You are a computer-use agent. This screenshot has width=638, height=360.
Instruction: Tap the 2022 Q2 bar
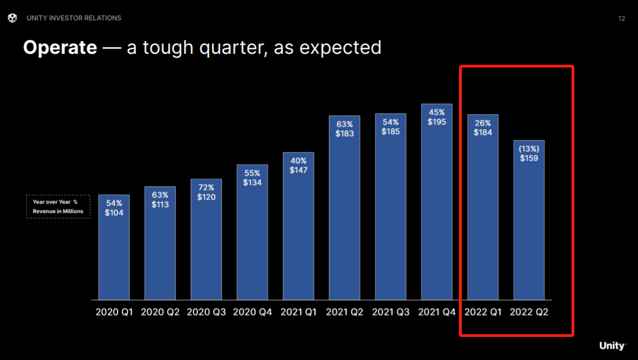(x=529, y=230)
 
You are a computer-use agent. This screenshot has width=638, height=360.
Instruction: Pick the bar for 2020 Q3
(x=206, y=247)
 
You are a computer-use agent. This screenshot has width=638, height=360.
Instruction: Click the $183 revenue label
(x=344, y=133)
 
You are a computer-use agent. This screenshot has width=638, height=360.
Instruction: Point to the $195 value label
(x=436, y=122)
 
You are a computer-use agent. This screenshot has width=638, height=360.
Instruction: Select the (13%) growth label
(x=529, y=149)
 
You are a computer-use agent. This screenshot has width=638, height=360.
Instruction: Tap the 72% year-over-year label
(x=206, y=188)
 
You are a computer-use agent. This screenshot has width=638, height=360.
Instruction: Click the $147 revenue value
(x=298, y=170)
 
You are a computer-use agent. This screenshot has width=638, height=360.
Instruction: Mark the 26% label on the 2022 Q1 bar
(x=483, y=123)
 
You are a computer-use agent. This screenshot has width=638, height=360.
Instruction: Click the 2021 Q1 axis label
(x=298, y=312)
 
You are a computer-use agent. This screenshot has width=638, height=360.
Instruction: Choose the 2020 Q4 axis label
(x=252, y=312)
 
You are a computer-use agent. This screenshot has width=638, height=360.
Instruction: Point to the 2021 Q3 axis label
(x=390, y=312)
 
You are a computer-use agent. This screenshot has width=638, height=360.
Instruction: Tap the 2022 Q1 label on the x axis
(x=483, y=312)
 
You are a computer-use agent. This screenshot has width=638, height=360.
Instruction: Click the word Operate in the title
(x=60, y=48)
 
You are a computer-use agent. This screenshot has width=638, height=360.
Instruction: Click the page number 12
(x=622, y=19)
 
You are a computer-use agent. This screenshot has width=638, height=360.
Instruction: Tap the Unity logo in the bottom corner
(x=612, y=346)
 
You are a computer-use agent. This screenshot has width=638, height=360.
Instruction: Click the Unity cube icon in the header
(x=13, y=18)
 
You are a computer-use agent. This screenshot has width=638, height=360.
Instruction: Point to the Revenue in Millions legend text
(x=58, y=211)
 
